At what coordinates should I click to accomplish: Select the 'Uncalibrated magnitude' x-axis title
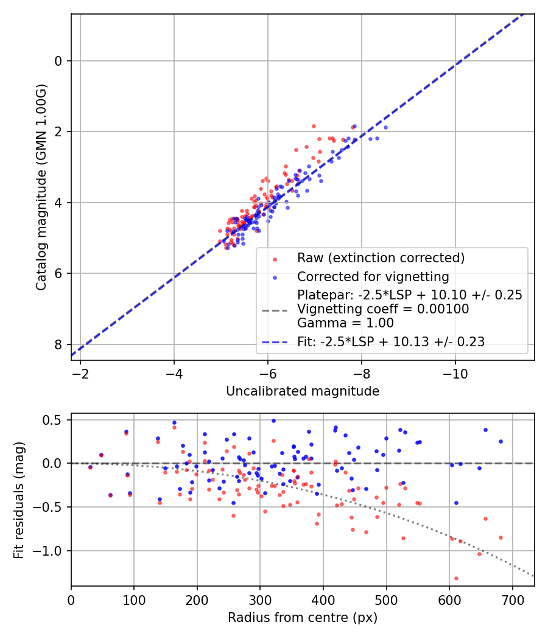pyautogui.click(x=303, y=391)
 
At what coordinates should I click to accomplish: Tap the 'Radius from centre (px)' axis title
pyautogui.click(x=303, y=618)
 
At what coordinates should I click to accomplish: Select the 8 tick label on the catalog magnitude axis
pyautogui.click(x=58, y=344)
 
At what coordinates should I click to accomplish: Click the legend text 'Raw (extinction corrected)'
pyautogui.click(x=381, y=257)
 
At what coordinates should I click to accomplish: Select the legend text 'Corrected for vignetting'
pyautogui.click(x=373, y=277)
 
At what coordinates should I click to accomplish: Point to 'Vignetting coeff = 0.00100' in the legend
pyautogui.click(x=383, y=309)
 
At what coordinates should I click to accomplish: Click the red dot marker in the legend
pyautogui.click(x=275, y=259)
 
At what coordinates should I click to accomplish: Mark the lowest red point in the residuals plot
pyautogui.click(x=456, y=578)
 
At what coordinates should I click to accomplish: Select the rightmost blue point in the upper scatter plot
pyautogui.click(x=385, y=127)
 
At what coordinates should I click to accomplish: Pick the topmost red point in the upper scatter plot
pyautogui.click(x=314, y=126)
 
